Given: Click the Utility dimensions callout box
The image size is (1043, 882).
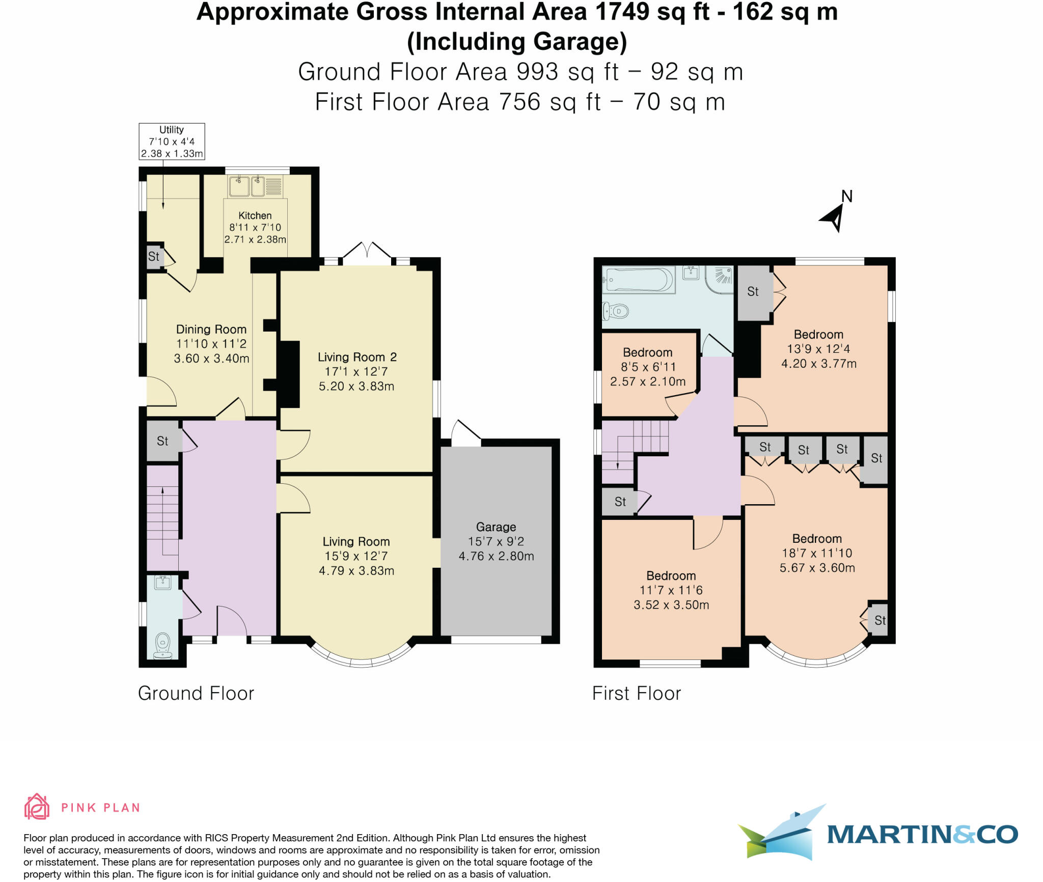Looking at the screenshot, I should pos(172,142).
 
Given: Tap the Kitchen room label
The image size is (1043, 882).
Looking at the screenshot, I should pos(255,215).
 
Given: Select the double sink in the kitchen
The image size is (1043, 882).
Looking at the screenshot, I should pos(247,186).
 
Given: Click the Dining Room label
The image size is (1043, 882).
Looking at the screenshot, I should pos(211,329).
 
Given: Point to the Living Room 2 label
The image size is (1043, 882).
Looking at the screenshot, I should pos(356,357).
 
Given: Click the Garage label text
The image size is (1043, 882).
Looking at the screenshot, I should pos(496,527).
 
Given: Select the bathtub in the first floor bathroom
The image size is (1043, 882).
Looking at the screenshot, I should pos(638,280).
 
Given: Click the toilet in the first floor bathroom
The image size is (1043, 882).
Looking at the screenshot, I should pos(615,310).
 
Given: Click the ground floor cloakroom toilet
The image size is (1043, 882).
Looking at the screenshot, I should pos(163,645).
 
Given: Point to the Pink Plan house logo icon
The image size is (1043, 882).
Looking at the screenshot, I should pos(37,807).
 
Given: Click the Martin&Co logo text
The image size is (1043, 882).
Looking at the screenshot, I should pos(922,834).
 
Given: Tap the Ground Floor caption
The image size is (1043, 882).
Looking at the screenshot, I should pos(196,694).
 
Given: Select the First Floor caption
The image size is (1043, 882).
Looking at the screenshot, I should pos(636,694).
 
